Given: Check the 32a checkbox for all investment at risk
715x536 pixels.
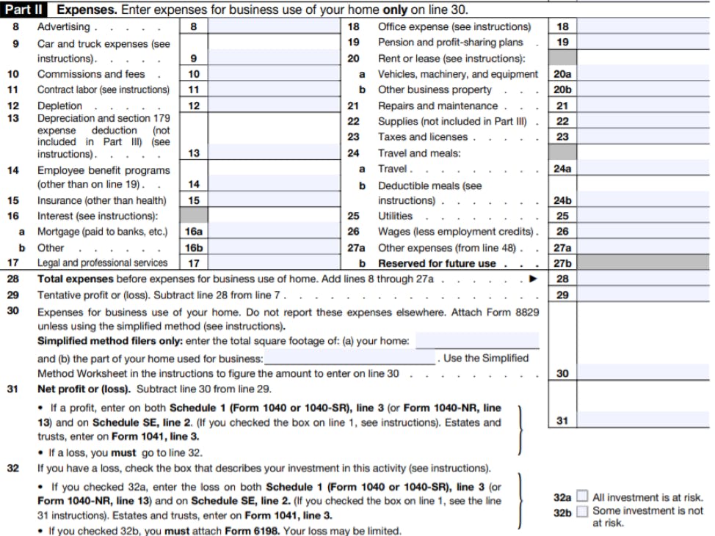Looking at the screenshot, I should [582, 497].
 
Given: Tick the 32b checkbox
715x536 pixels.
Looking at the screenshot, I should [582, 512].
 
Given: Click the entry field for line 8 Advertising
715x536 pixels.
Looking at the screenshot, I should [272, 27].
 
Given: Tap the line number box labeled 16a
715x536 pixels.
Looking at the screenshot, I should [194, 232].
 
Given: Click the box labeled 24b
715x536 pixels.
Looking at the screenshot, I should [562, 200].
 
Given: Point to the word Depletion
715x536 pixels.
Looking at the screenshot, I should [59, 106].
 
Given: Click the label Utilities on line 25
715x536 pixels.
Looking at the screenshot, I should [395, 216].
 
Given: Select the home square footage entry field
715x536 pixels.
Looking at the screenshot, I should [477, 342].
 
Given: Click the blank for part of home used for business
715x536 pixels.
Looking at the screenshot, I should [349, 359].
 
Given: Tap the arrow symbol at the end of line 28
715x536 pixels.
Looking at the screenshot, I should [534, 279].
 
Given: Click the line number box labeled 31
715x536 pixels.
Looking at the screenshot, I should [562, 421].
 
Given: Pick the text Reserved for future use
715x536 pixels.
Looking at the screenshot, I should [437, 263].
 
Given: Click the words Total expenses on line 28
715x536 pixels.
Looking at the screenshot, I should [76, 279].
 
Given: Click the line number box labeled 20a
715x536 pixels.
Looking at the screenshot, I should [562, 74].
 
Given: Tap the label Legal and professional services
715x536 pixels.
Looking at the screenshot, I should [103, 263].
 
